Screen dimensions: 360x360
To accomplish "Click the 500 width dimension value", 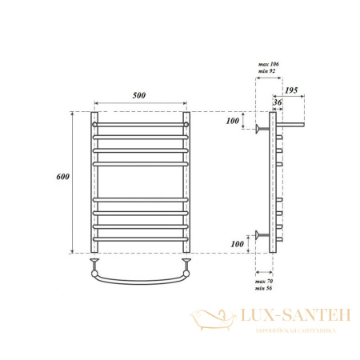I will [141, 96].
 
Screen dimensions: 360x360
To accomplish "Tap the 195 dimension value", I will [291, 92].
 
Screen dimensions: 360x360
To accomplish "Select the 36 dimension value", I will [277, 102].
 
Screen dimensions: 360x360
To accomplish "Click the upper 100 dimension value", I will [233, 121].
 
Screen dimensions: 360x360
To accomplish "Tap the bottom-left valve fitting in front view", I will [95, 262].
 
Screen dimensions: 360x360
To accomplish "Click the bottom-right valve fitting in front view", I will [187, 262].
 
